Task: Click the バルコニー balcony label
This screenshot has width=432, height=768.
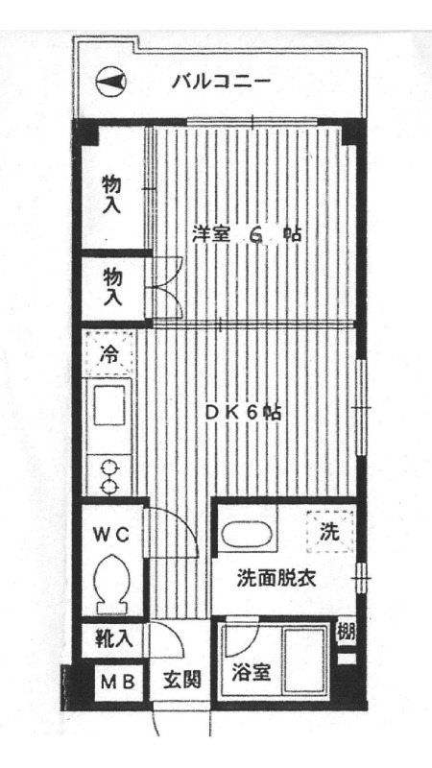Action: point(221,81)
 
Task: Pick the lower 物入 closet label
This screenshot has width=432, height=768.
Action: point(112,286)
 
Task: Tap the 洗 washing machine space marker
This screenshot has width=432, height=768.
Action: point(328,531)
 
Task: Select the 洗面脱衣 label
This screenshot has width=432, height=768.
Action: point(277,579)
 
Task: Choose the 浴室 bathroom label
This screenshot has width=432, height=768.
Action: point(251,673)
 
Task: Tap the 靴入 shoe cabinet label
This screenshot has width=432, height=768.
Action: point(113,637)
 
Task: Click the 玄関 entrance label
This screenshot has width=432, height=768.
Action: point(180,683)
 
